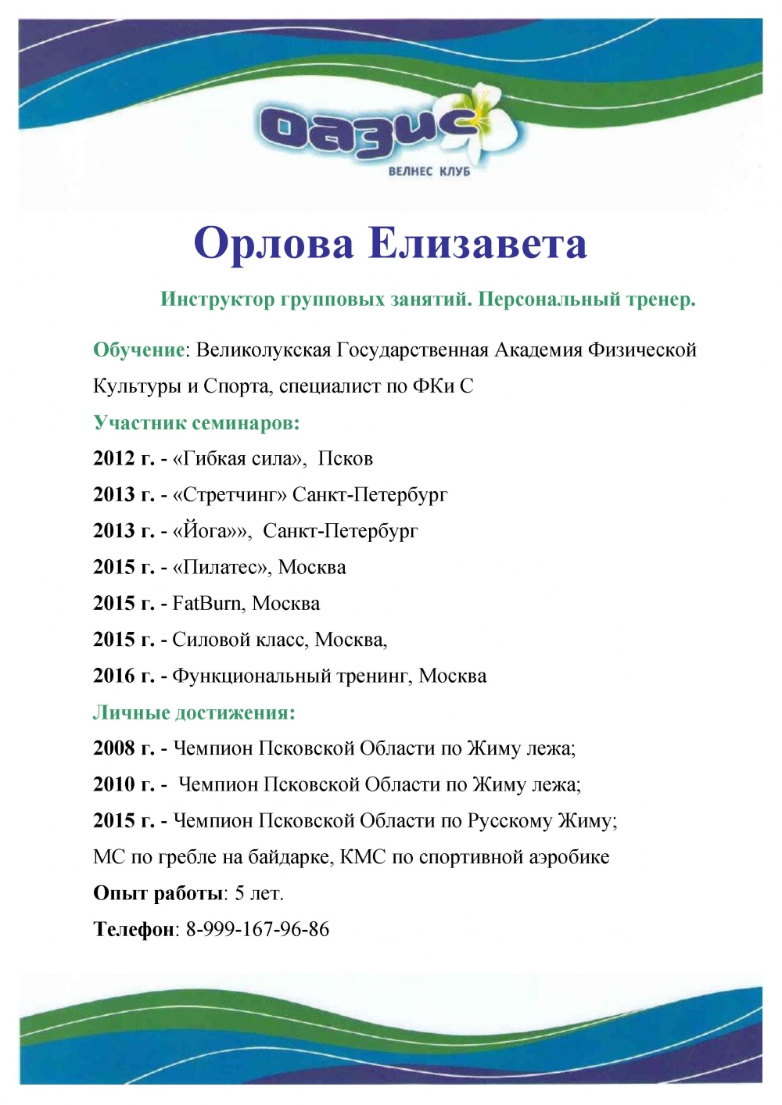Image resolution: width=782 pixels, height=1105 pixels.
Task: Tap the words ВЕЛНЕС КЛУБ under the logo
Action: [x=429, y=171]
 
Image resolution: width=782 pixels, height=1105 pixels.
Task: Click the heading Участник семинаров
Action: [x=196, y=423]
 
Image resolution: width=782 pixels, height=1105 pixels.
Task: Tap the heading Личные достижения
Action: [x=194, y=712]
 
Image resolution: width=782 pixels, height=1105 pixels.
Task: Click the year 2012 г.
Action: [x=124, y=458]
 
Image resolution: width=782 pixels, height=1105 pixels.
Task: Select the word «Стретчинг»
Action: [x=230, y=495]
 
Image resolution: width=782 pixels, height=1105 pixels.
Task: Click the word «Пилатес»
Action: [x=220, y=567]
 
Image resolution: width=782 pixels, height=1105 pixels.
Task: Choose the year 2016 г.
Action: [x=124, y=676]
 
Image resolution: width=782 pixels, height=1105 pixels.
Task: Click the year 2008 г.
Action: [x=124, y=748]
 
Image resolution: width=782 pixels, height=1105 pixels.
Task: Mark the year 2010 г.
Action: [x=124, y=784]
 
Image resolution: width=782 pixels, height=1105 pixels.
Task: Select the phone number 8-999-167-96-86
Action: [x=257, y=930]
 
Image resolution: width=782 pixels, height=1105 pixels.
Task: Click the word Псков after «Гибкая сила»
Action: [x=345, y=458]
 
